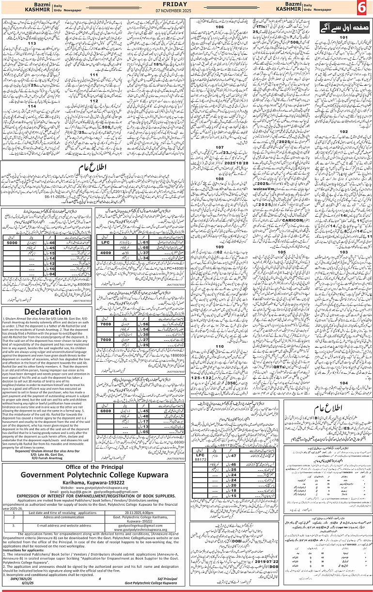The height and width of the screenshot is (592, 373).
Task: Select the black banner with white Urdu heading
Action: click(336, 27)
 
